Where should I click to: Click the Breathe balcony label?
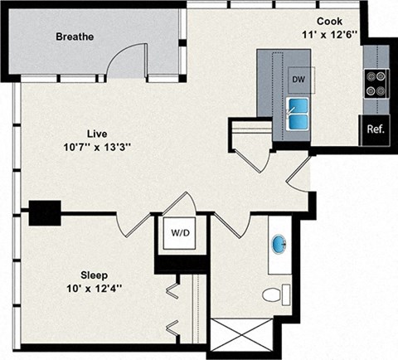click(x=75, y=37)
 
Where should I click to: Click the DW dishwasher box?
click(x=298, y=80)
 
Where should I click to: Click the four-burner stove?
click(x=376, y=81)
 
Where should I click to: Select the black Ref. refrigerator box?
click(x=375, y=129)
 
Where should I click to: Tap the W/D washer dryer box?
click(x=178, y=233)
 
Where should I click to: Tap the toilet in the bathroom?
click(x=274, y=294)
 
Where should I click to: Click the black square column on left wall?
click(x=45, y=213)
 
